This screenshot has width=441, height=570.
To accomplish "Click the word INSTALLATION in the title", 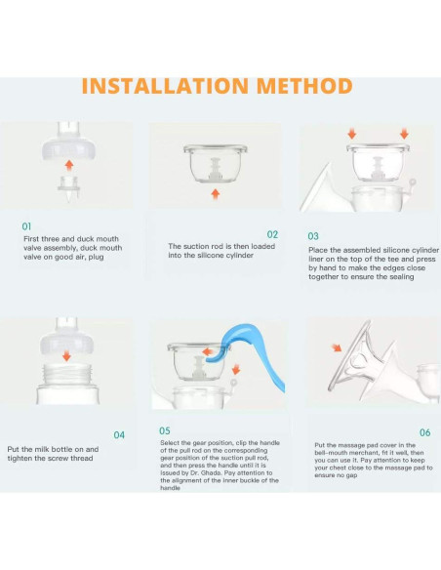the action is point(166,86).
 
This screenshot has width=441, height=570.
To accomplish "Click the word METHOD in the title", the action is point(304,86).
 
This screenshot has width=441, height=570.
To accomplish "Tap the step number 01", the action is point(26,226).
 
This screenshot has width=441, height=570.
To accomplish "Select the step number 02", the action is point(272,234).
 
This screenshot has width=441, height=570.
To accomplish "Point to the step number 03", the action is point(313,236).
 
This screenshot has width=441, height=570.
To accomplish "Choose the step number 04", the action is point(119,434).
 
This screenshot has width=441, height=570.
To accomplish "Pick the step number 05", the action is point(165,430).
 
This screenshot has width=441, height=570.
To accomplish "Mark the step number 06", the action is point(425,432).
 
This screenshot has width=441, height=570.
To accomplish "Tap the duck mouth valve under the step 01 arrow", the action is point(68,187).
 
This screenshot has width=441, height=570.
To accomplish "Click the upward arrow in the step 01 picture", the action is point(69,166).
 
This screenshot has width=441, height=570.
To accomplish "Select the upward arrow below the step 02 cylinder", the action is point(216,194).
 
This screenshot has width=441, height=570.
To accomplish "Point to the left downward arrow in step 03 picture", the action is point(351,134).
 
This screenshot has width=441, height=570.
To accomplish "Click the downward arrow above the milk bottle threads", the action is point(66,355).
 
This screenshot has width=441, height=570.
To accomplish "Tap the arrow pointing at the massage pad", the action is point(337,347).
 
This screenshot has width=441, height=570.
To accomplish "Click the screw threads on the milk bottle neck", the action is point(67,375).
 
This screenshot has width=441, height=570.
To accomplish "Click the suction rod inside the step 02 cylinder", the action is point(215,169).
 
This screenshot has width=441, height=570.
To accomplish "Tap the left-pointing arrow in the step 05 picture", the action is point(208,352).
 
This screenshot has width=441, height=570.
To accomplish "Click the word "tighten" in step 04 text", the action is point(20,458).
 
